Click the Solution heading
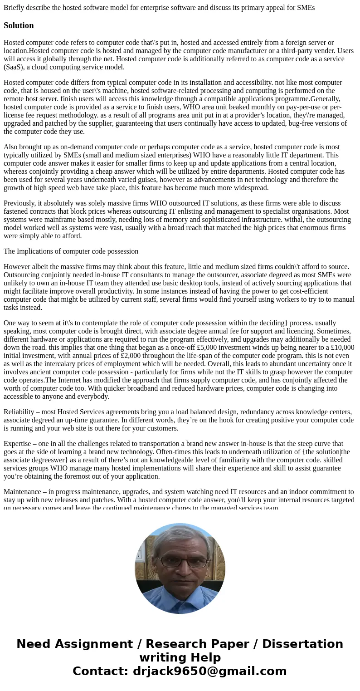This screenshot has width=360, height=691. (19, 25)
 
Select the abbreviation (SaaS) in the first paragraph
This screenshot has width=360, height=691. (15, 67)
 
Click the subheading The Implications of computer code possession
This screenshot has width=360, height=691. (71, 251)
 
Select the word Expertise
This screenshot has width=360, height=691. (18, 444)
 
